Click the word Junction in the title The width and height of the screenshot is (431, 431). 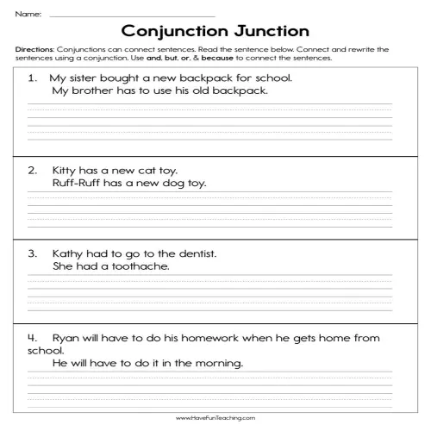(271, 32)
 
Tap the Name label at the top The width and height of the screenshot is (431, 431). (27, 13)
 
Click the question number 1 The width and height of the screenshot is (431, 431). (32, 78)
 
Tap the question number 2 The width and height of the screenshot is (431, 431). (32, 171)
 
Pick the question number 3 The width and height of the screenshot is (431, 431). (32, 254)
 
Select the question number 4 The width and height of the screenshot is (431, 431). (32, 338)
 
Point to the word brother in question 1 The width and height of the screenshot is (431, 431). (90, 91)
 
